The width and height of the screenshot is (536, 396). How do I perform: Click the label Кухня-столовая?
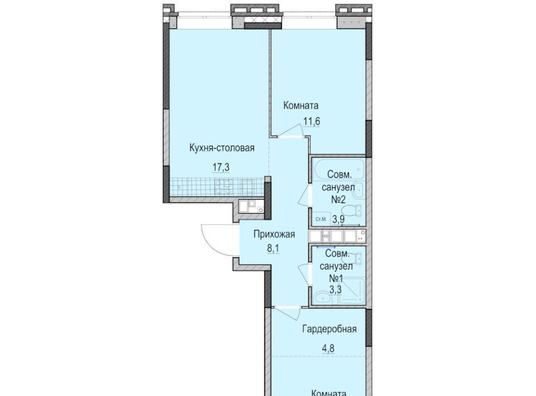tap(222, 148)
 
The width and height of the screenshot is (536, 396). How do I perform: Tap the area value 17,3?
tap(221, 168)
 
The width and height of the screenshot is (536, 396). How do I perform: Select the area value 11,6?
tap(312, 121)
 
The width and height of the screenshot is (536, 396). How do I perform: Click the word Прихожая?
tap(274, 234)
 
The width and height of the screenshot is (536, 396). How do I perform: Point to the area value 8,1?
tap(273, 248)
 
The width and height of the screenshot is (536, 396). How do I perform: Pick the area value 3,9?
tap(338, 219)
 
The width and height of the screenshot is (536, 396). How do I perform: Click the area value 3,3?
tap(336, 289)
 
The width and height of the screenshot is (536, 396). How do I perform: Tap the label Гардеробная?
tap(329, 329)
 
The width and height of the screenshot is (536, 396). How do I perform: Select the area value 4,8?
tap(328, 349)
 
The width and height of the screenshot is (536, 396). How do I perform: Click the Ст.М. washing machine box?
tap(321, 219)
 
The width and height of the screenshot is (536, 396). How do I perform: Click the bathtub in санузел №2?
tap(338, 170)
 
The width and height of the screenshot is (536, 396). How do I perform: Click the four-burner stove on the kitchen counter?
tap(223, 187)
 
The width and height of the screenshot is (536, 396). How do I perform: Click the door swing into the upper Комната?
tap(291, 130)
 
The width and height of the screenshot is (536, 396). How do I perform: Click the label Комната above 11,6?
tap(301, 105)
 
